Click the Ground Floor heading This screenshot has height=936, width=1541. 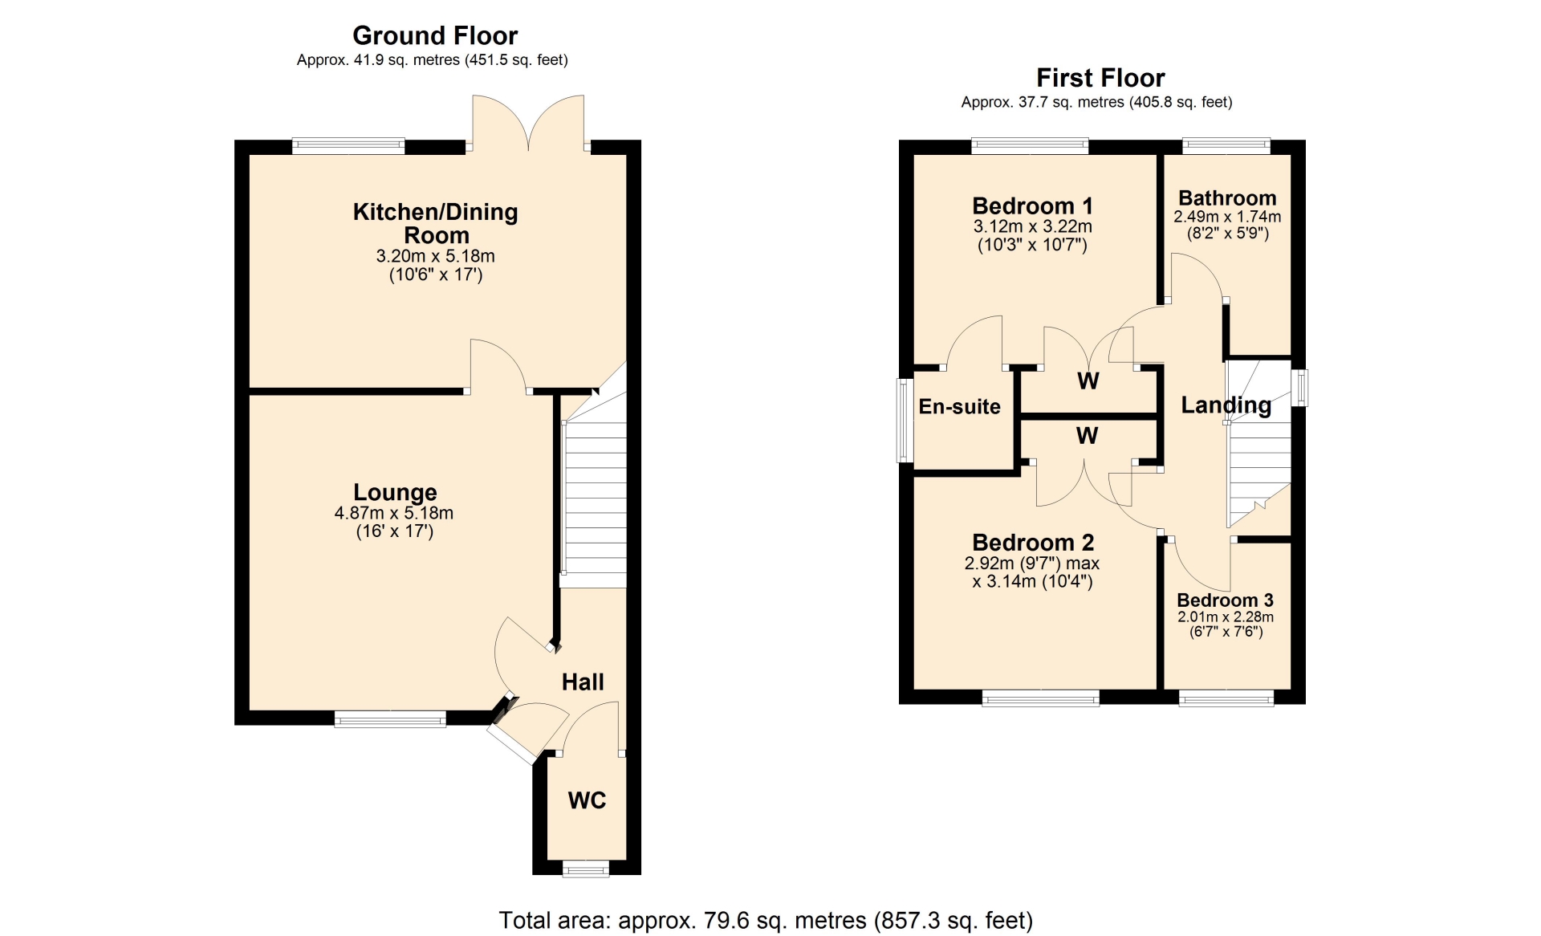(x=435, y=35)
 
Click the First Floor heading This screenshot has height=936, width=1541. (x=1100, y=78)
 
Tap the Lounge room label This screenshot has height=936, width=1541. (x=395, y=492)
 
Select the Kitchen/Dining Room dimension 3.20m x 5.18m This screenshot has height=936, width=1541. (x=436, y=256)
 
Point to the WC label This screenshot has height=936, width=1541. (x=587, y=800)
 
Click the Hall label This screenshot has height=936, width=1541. (x=583, y=682)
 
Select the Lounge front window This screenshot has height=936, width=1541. (x=390, y=718)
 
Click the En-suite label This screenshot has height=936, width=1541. (x=959, y=407)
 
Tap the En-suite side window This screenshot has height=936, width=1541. (x=905, y=420)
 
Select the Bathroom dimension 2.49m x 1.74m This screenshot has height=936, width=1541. (x=1227, y=217)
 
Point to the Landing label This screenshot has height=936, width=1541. (x=1226, y=405)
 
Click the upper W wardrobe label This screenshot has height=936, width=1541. (x=1088, y=381)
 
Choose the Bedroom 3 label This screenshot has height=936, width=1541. (x=1225, y=600)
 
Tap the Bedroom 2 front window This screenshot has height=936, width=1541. (x=1041, y=698)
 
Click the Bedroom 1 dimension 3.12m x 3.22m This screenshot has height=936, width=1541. (x=1032, y=227)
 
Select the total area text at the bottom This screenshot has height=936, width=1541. (x=766, y=920)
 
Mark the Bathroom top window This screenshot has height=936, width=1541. (x=1226, y=146)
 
